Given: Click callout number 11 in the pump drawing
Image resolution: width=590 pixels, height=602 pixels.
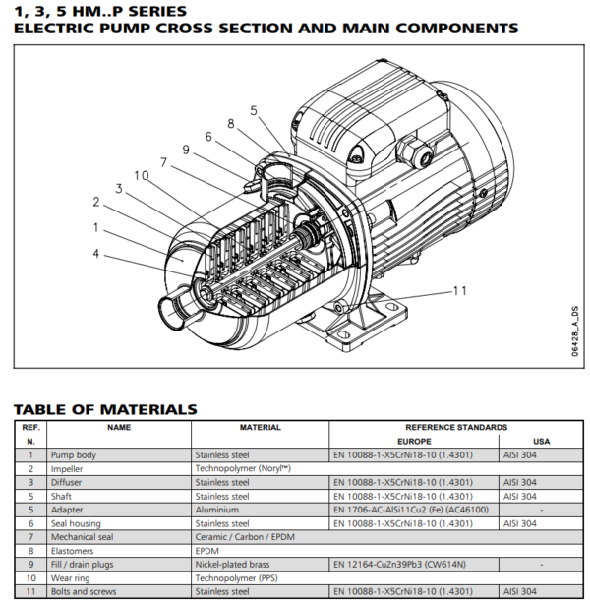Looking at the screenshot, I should (458, 291).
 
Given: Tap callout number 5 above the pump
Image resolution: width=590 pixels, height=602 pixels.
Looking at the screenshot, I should (253, 111).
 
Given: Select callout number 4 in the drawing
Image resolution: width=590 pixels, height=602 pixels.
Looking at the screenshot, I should (96, 253).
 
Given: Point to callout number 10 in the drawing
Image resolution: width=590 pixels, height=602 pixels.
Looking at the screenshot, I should (141, 175).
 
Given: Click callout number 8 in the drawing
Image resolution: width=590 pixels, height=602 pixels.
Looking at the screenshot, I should (231, 124).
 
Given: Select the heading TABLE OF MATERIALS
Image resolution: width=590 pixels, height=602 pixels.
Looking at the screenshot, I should (105, 409).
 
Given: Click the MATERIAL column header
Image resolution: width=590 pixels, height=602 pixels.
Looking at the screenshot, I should (260, 428).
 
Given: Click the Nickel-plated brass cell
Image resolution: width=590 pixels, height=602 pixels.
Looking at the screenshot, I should (234, 565).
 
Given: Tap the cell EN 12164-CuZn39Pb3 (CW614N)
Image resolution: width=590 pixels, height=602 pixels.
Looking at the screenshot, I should (401, 565).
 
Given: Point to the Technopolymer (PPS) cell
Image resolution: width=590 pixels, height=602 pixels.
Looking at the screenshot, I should (237, 578).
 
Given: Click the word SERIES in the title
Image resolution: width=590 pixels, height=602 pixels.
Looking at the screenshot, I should (153, 10).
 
